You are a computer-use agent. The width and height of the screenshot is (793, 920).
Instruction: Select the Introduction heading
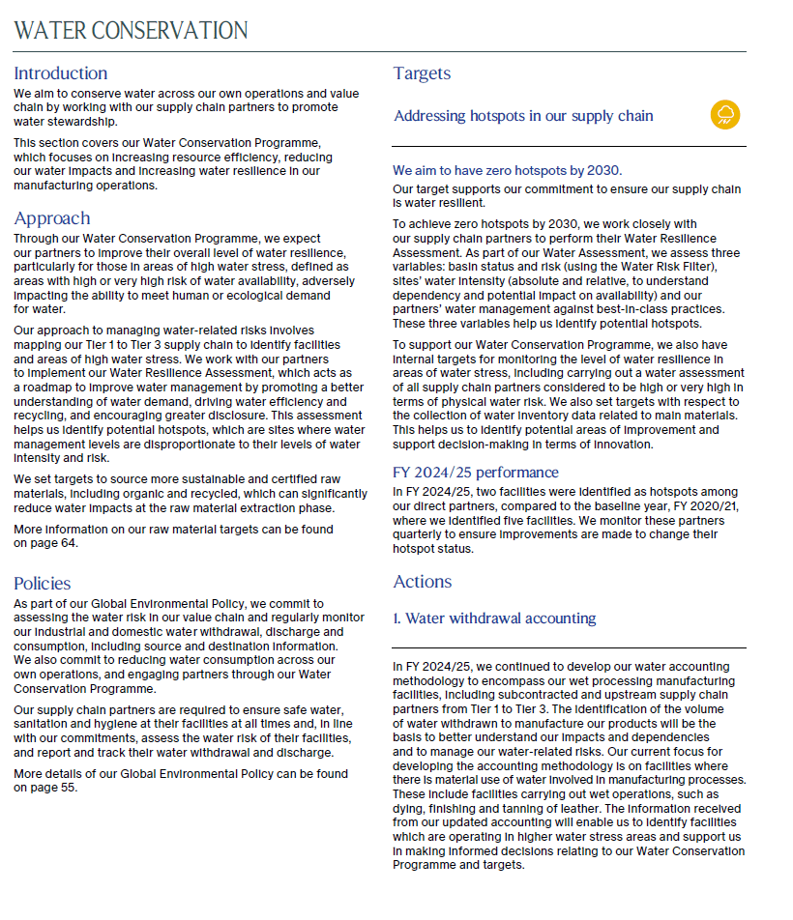60,73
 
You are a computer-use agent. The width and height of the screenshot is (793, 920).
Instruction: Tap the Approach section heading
52,218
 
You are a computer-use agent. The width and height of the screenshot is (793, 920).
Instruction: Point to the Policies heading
43,583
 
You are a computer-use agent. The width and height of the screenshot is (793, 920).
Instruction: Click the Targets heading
422,73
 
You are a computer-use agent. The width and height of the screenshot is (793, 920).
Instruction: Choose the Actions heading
423,582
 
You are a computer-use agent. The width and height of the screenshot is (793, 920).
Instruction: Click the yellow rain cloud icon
725,115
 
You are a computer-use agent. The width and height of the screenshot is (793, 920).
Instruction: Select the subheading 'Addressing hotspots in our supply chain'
523,116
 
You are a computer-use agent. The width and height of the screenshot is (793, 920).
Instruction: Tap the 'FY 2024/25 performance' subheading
475,473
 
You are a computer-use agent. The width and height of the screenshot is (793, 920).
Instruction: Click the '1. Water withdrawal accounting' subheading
494,618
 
